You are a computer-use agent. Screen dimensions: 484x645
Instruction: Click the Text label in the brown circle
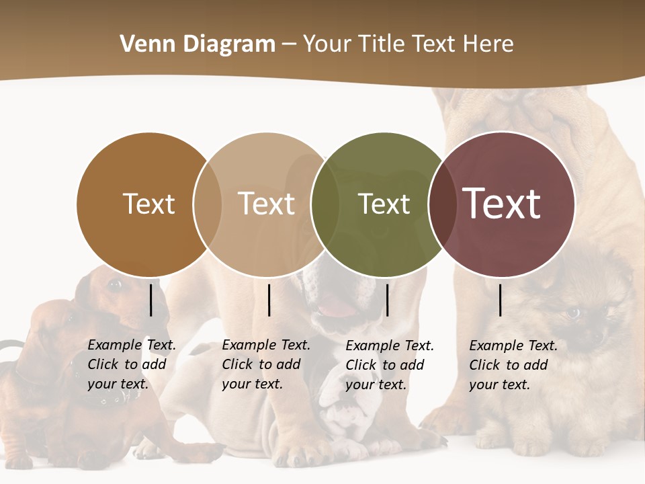click(149, 204)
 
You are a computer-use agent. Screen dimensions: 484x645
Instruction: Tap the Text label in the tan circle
click(267, 204)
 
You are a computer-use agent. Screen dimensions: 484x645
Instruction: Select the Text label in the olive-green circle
click(384, 204)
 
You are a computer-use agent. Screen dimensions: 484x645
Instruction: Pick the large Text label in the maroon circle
click(502, 204)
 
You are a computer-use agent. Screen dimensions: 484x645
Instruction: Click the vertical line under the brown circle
click(150, 300)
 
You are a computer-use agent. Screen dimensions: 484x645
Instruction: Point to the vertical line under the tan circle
click(269, 300)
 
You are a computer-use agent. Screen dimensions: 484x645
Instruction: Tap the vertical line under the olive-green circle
click(387, 300)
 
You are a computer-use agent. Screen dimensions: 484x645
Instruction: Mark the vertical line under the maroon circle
click(501, 300)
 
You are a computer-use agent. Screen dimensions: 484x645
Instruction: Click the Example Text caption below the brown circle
click(131, 364)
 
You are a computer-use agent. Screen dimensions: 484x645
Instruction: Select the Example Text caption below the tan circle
click(265, 364)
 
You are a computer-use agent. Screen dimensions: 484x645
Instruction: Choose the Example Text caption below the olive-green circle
click(389, 365)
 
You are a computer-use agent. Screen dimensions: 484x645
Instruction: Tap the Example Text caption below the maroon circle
click(513, 365)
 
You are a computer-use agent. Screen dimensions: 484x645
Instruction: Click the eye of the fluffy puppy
click(573, 312)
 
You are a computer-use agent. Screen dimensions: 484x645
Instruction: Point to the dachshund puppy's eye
click(115, 285)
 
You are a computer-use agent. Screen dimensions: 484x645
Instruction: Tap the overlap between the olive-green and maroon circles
click(442, 204)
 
